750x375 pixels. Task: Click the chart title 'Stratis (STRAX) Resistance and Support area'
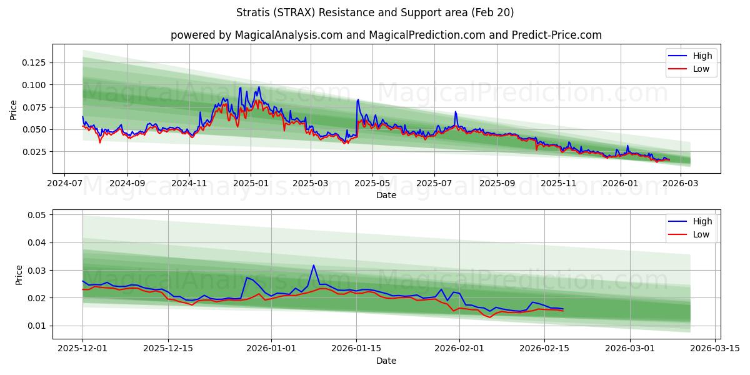(x=375, y=12)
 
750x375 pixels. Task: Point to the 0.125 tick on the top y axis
(x=34, y=62)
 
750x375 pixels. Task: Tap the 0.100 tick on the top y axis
(x=34, y=85)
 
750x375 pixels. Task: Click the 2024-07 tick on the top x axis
(x=65, y=184)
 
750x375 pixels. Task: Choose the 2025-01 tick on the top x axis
(x=251, y=184)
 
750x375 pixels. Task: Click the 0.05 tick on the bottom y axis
(x=37, y=215)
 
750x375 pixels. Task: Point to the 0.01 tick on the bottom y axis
(x=37, y=326)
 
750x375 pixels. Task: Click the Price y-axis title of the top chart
(x=14, y=110)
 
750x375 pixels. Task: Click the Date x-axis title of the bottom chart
(x=386, y=361)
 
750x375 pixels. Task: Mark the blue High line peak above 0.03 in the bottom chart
(x=314, y=266)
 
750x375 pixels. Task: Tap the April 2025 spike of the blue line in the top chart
(x=358, y=99)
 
